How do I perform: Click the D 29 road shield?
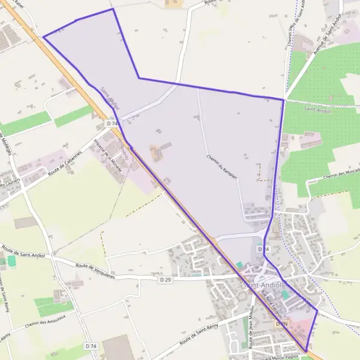(x=166, y=280)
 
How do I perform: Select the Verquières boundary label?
(x=124, y=147)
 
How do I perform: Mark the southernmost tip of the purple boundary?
(x=307, y=352)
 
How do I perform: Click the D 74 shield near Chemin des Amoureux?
(x=91, y=347)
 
